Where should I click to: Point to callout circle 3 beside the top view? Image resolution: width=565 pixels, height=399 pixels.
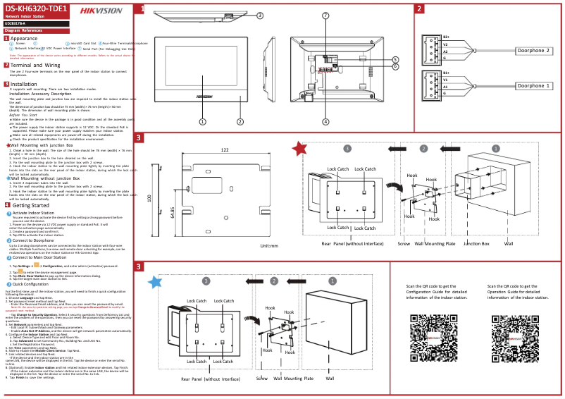[x=260, y=15]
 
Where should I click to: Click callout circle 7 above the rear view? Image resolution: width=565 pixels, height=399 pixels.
[x=325, y=15]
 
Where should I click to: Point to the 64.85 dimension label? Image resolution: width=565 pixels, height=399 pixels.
[x=172, y=213]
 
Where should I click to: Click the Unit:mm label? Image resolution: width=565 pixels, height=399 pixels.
[x=269, y=246]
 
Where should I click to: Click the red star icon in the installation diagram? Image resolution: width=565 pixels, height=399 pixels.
[x=300, y=148]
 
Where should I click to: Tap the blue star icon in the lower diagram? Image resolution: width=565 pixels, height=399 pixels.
[x=155, y=282]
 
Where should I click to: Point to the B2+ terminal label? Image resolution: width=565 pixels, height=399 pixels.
[x=446, y=37]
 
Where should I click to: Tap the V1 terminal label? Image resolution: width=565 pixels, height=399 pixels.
[x=445, y=80]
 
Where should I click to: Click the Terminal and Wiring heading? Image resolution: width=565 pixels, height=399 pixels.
[x=35, y=65]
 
